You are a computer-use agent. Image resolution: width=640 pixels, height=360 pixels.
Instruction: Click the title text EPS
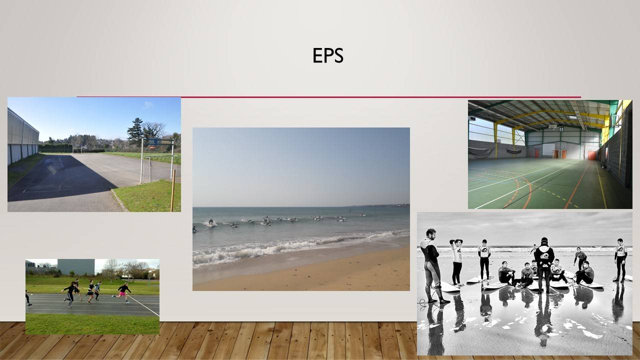click(x=327, y=55)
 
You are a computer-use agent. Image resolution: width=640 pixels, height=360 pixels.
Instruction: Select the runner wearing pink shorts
click(x=123, y=292)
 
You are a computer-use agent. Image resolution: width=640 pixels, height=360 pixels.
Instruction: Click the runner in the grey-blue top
click(x=97, y=289)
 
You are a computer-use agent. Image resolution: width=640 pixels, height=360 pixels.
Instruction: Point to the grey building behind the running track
click(x=76, y=267)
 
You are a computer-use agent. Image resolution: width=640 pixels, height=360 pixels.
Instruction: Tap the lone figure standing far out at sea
click(x=350, y=210)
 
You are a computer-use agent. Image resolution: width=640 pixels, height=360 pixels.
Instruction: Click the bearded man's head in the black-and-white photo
click(x=431, y=234)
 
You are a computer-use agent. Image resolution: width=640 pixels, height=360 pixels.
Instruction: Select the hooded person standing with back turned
click(x=544, y=264)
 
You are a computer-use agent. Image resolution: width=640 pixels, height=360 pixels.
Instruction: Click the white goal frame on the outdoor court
click(x=156, y=160)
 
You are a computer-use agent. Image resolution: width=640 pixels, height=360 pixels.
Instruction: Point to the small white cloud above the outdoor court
click(x=147, y=104)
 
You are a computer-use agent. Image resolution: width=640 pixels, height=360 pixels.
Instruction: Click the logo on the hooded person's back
click(x=544, y=255)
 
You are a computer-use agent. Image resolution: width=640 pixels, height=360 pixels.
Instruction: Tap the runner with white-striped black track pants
click(x=69, y=294)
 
